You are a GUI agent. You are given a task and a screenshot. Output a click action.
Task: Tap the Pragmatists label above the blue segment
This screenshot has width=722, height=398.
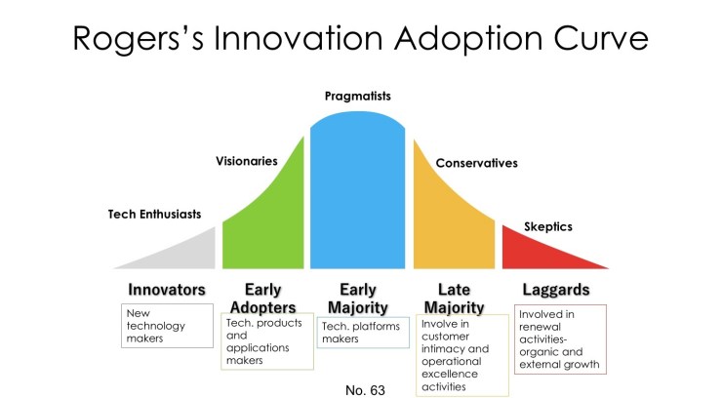(x=357, y=97)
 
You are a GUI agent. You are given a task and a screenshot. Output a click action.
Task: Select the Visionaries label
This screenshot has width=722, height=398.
(x=246, y=161)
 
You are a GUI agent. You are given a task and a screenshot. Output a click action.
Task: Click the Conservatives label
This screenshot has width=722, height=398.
(x=476, y=163)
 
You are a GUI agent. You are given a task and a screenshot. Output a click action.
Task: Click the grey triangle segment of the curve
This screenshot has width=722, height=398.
(x=185, y=254)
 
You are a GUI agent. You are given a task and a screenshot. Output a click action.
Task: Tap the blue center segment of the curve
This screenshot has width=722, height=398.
(x=357, y=195)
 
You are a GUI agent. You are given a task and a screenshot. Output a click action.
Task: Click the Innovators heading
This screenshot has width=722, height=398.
(x=167, y=290)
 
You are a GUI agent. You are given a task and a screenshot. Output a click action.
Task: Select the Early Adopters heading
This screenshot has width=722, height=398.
(x=263, y=298)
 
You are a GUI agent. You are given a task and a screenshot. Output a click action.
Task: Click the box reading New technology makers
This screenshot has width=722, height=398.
(x=168, y=325)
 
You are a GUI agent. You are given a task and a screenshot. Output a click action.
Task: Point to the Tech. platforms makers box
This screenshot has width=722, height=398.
(x=360, y=333)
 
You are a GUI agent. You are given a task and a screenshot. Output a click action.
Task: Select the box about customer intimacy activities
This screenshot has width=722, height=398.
(x=462, y=354)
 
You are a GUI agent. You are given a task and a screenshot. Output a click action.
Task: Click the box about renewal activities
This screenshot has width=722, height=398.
(x=560, y=339)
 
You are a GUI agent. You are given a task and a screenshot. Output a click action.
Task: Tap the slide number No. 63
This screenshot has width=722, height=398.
(x=365, y=389)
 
